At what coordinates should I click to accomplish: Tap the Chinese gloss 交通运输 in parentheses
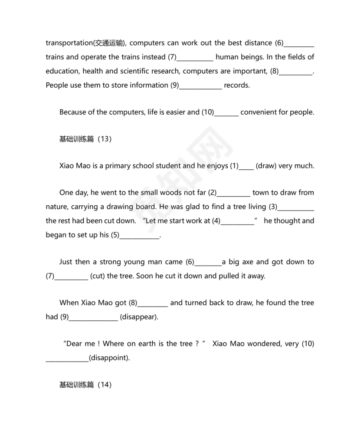coord(109,43)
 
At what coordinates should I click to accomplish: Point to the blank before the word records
coord(201,86)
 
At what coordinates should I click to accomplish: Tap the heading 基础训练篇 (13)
coord(85,139)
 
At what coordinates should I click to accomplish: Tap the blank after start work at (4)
coord(238,221)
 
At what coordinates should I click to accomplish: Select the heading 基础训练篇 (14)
coord(85,385)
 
